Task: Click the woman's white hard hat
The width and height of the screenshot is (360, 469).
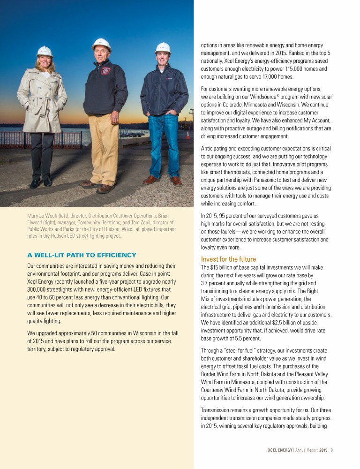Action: click(x=45, y=51)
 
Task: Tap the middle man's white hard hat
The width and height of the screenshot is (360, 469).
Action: click(x=101, y=45)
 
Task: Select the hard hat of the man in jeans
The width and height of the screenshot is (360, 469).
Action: click(x=163, y=47)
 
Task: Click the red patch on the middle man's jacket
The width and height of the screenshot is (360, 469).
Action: click(x=106, y=71)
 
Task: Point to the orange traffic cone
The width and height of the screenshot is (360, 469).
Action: click(x=188, y=135)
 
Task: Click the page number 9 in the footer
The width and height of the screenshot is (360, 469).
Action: click(x=331, y=450)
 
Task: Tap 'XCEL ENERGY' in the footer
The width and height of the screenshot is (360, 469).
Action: click(x=276, y=450)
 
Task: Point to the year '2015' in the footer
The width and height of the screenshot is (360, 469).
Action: click(x=322, y=450)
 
